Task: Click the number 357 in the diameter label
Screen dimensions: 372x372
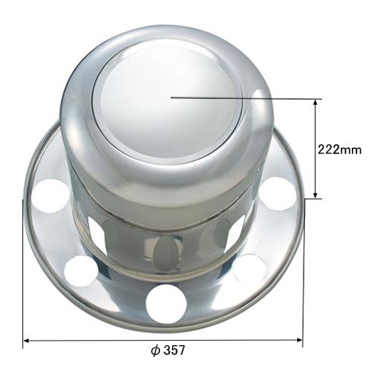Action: [x=175, y=350]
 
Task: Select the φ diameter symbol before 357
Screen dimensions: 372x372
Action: [x=155, y=350]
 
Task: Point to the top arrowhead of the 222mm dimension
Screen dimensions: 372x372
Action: [x=315, y=103]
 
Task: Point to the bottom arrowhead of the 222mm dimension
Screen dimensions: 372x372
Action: [x=315, y=195]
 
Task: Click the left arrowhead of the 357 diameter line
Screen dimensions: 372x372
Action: [x=27, y=341]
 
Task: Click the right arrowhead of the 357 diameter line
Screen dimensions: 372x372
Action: [x=299, y=340]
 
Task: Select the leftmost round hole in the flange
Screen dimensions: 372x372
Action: [x=51, y=196]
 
